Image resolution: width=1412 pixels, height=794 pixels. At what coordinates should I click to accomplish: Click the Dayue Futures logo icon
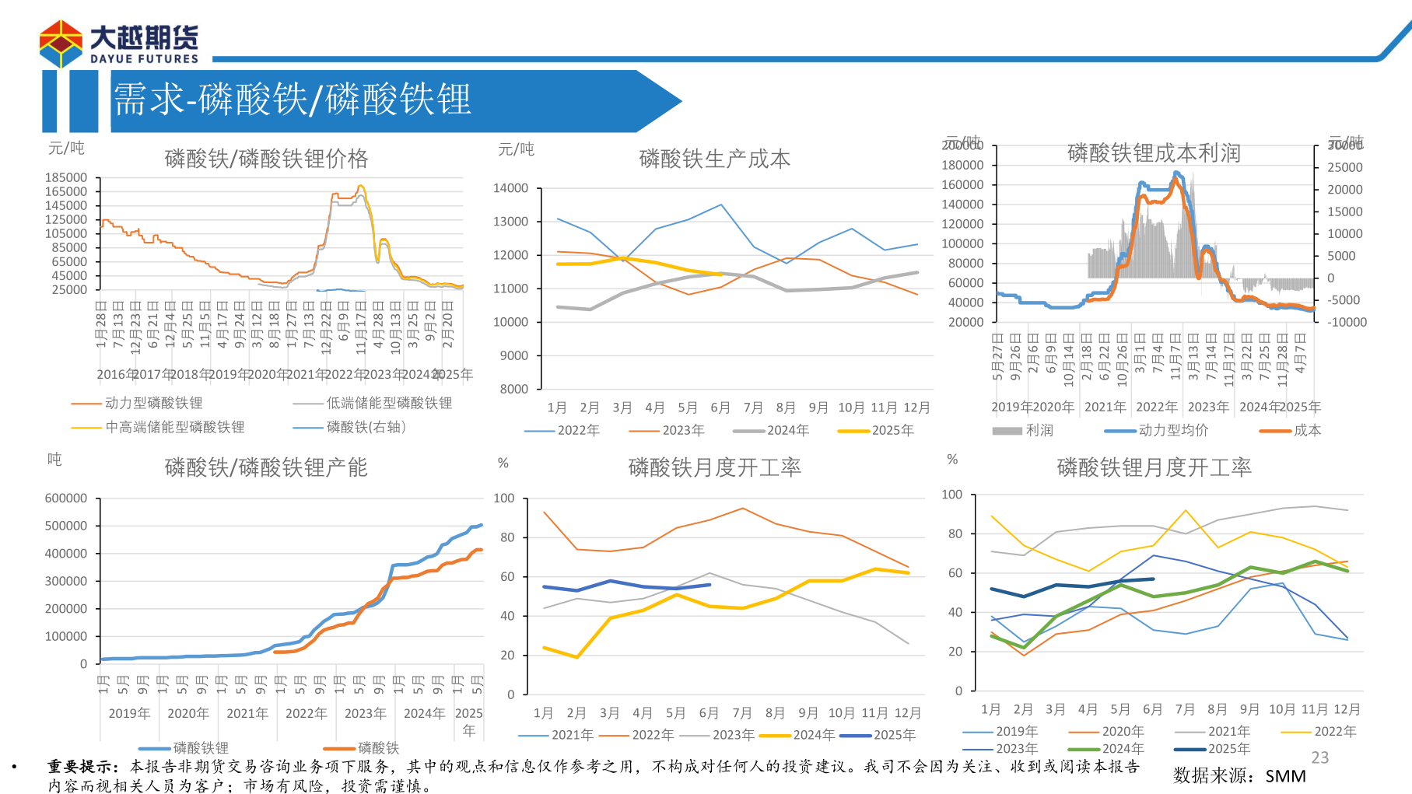pos(61,44)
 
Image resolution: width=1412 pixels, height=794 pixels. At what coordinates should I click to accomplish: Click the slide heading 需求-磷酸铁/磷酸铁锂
pos(293,100)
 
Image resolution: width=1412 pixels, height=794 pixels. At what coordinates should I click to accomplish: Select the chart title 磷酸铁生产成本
pos(714,159)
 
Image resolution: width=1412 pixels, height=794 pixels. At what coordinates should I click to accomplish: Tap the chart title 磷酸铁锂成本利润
pos(1154,153)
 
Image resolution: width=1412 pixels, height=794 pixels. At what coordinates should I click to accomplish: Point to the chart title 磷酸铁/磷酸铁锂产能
pos(266,467)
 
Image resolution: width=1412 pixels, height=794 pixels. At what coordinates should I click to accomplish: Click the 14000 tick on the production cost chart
pos(510,188)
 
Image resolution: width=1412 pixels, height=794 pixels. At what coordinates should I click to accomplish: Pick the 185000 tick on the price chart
pos(66,178)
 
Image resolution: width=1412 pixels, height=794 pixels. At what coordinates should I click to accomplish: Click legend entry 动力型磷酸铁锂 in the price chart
pos(153,403)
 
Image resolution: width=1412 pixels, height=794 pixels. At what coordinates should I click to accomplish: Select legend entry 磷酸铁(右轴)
pos(366,427)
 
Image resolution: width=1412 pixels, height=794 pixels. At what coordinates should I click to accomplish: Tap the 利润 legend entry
pos(1039,430)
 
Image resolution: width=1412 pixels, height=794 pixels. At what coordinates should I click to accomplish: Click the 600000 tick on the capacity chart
pos(66,498)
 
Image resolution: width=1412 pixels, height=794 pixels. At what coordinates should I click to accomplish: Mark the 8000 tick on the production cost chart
pos(513,389)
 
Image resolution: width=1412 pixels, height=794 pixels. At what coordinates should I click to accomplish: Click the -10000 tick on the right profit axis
pos(1347,322)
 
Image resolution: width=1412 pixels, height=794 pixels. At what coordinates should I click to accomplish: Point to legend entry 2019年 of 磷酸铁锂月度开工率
pos(1016,731)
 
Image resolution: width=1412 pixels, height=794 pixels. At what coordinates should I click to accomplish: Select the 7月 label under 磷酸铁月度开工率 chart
pos(742,713)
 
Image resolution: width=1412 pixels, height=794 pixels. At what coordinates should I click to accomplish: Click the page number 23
pos(1320,757)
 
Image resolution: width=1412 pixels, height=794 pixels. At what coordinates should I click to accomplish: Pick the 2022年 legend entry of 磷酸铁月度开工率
pos(653,735)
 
